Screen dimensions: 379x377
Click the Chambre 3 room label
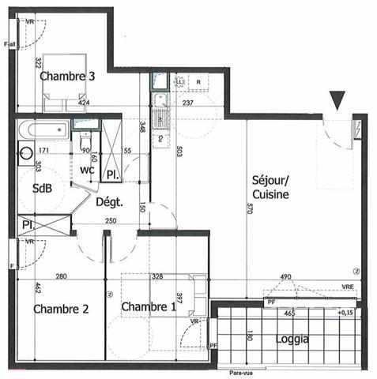(x=68, y=77)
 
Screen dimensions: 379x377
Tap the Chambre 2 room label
(x=60, y=309)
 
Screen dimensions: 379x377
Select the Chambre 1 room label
(x=149, y=306)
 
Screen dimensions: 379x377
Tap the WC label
(x=87, y=170)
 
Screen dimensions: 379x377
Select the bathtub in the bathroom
(x=43, y=126)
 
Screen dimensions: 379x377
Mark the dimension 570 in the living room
(x=251, y=208)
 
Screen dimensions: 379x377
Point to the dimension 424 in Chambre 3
(x=83, y=102)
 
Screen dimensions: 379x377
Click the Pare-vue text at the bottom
(x=241, y=373)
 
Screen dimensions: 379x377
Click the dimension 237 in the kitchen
(x=188, y=102)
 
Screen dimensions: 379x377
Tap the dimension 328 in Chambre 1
(x=157, y=277)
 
